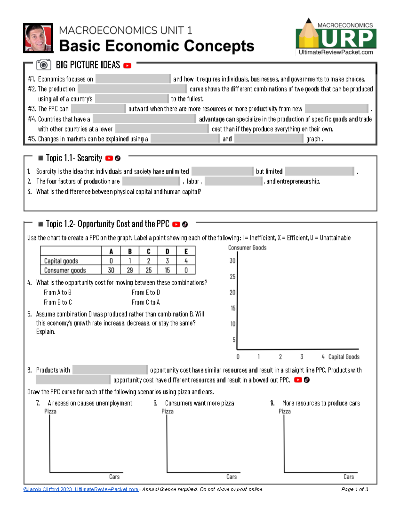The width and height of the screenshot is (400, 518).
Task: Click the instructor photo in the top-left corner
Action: pos(38,38)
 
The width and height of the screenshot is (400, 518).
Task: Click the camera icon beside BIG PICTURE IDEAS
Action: pos(43,65)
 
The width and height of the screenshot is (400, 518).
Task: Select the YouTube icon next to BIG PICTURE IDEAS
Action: pos(127,66)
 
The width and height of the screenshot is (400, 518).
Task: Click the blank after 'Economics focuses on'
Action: pos(133,79)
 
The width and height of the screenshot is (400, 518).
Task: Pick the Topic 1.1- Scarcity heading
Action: pos(74,158)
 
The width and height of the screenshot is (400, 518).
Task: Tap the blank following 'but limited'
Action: pos(320,171)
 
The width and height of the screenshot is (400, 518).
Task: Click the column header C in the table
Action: pos(148,251)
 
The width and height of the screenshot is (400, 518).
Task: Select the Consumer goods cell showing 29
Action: pos(130,270)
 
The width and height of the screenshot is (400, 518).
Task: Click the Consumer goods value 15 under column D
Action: pos(167,270)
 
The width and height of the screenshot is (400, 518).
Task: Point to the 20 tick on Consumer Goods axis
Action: pos(232,293)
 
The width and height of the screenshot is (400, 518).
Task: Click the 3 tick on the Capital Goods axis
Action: pos(302,357)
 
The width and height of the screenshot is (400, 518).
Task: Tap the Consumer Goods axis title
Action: pos(247,248)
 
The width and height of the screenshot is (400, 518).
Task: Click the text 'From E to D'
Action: pos(146,293)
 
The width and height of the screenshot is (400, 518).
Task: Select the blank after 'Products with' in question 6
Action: pos(110,370)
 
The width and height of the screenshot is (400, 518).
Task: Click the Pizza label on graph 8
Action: pos(167,412)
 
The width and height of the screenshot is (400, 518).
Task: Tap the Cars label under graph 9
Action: pos(349,477)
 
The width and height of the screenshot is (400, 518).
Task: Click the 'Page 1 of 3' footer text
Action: pos(355,489)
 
